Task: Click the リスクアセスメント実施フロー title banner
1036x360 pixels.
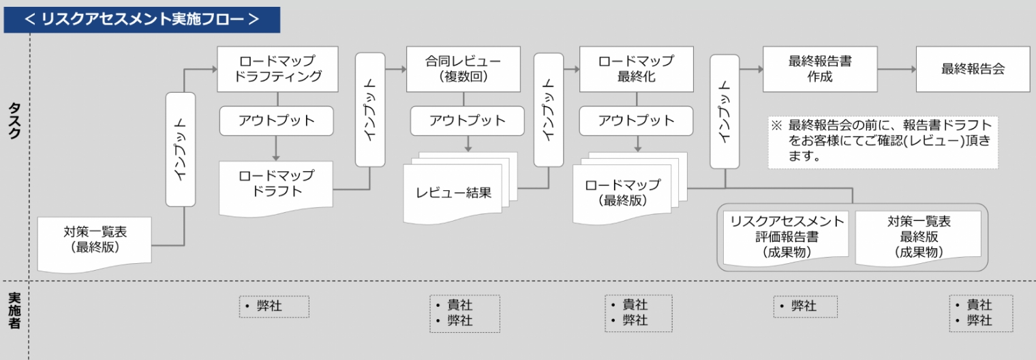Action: click(x=142, y=19)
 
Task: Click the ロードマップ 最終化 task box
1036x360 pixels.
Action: click(x=636, y=68)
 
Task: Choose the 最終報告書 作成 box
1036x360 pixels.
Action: click(x=819, y=68)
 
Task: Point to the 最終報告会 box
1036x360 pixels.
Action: click(x=973, y=68)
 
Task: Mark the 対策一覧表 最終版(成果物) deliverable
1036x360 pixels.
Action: click(x=918, y=237)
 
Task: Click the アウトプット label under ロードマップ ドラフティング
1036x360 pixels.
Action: click(x=277, y=121)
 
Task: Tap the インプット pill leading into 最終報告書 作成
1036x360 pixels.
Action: click(x=725, y=112)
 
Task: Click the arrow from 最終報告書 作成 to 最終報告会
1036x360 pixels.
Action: click(x=896, y=69)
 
